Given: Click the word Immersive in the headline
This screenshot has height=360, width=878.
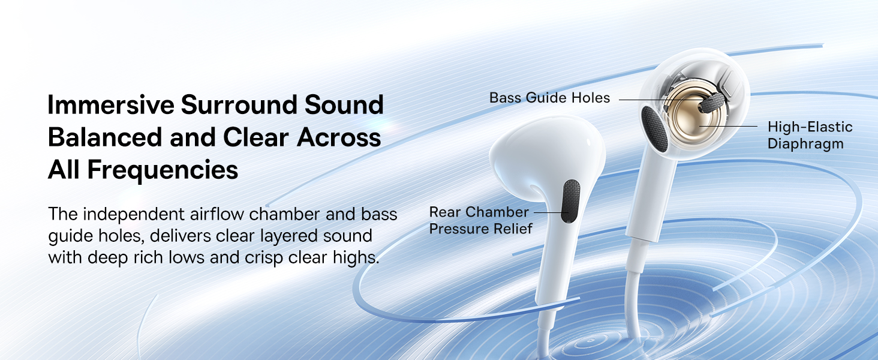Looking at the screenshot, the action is (x=111, y=105).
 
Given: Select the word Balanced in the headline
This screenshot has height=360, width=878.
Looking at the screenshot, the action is (x=105, y=137).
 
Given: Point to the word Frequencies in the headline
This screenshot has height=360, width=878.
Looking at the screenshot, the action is (x=163, y=170).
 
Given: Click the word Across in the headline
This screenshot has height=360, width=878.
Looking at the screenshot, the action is (x=339, y=137).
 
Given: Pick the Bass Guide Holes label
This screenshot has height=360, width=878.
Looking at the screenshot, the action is (x=549, y=98).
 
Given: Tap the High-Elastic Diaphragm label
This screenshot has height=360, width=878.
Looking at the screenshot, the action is (x=810, y=135).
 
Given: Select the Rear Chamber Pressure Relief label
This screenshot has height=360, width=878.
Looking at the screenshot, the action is (x=480, y=220).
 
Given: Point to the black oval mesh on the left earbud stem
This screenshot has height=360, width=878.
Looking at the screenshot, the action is (x=571, y=201).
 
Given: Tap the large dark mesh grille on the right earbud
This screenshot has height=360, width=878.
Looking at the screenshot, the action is (x=654, y=129).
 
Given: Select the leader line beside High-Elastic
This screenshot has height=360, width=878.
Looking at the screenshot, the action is (x=728, y=126).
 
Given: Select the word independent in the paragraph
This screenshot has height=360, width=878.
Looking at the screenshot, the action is (x=134, y=214).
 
